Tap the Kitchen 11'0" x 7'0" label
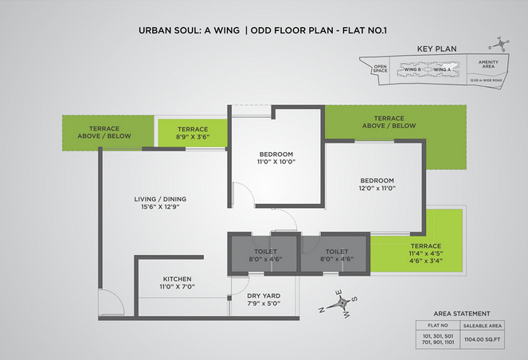(178, 282)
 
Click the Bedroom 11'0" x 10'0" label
(276, 157)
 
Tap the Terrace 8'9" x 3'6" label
(193, 133)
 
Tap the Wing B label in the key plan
(413, 70)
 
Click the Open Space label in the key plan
(381, 69)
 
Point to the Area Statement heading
(462, 314)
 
